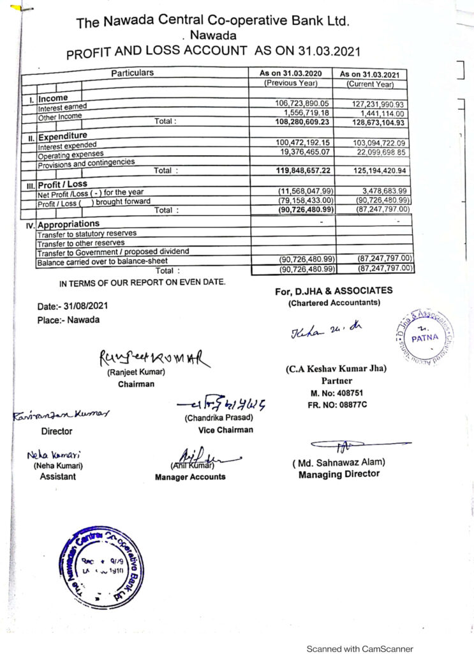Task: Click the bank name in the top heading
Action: (212, 22)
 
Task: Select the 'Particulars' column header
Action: (132, 73)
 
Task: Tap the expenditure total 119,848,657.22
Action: (303, 171)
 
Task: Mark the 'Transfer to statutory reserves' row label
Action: (87, 234)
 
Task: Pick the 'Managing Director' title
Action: (339, 474)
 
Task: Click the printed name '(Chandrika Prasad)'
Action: (219, 418)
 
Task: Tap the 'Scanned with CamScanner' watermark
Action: (360, 648)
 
